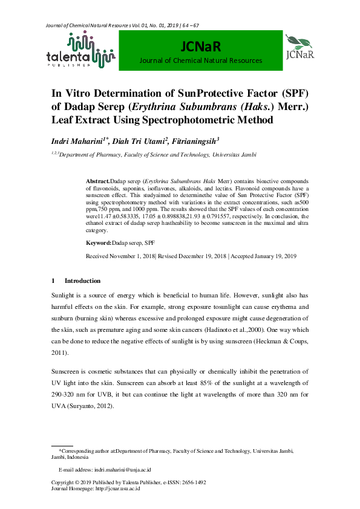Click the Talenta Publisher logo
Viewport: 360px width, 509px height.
pos(80,51)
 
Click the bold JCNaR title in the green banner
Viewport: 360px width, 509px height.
pos(200,47)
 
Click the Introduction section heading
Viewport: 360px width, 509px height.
pos(82,281)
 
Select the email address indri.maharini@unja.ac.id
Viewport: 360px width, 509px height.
pos(123,469)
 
